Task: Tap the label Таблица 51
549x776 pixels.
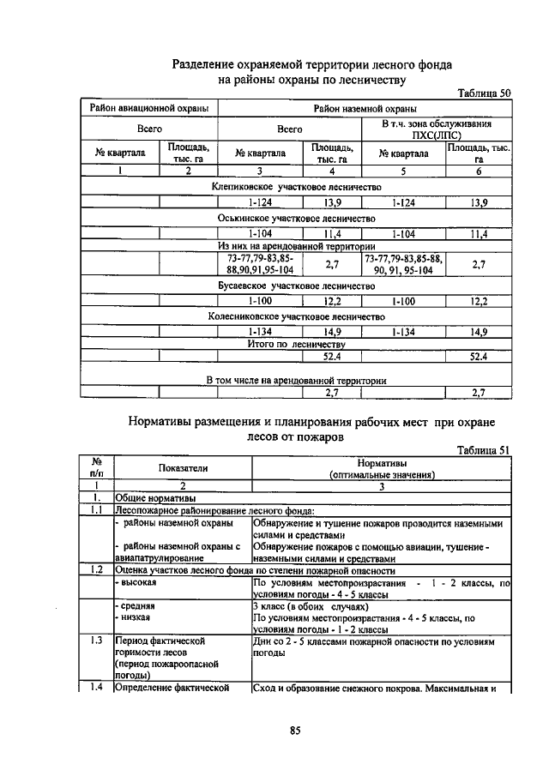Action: pyautogui.click(x=484, y=449)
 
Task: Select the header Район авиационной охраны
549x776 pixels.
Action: pyautogui.click(x=148, y=109)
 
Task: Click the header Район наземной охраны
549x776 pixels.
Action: pyautogui.click(x=364, y=109)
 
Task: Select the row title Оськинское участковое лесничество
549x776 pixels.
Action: pyautogui.click(x=297, y=218)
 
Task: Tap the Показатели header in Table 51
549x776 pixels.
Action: pyautogui.click(x=182, y=467)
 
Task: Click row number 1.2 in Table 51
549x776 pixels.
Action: pyautogui.click(x=96, y=569)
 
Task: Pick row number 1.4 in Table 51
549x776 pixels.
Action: pyautogui.click(x=96, y=687)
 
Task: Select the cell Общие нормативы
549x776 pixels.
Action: pyautogui.click(x=154, y=497)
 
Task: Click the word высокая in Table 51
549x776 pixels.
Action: pyautogui.click(x=138, y=582)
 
